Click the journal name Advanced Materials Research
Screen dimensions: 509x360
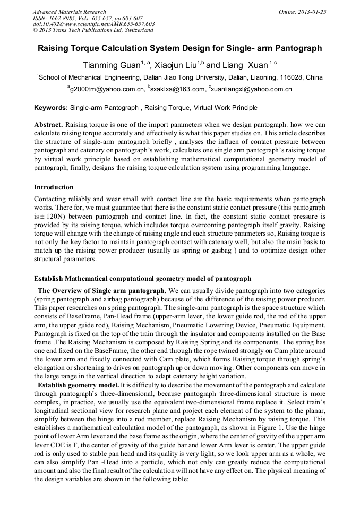pos(69,12)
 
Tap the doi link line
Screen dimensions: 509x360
pos(93,24)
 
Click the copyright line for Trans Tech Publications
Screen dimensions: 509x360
pos(93,30)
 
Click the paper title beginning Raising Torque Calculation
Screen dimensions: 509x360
pos(179,48)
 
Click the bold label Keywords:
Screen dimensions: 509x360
pos(51,108)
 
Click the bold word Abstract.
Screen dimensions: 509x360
pos(48,125)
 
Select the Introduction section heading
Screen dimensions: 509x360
pos(54,187)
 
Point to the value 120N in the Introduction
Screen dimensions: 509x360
pos(54,217)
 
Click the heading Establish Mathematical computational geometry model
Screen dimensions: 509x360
pos(142,279)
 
